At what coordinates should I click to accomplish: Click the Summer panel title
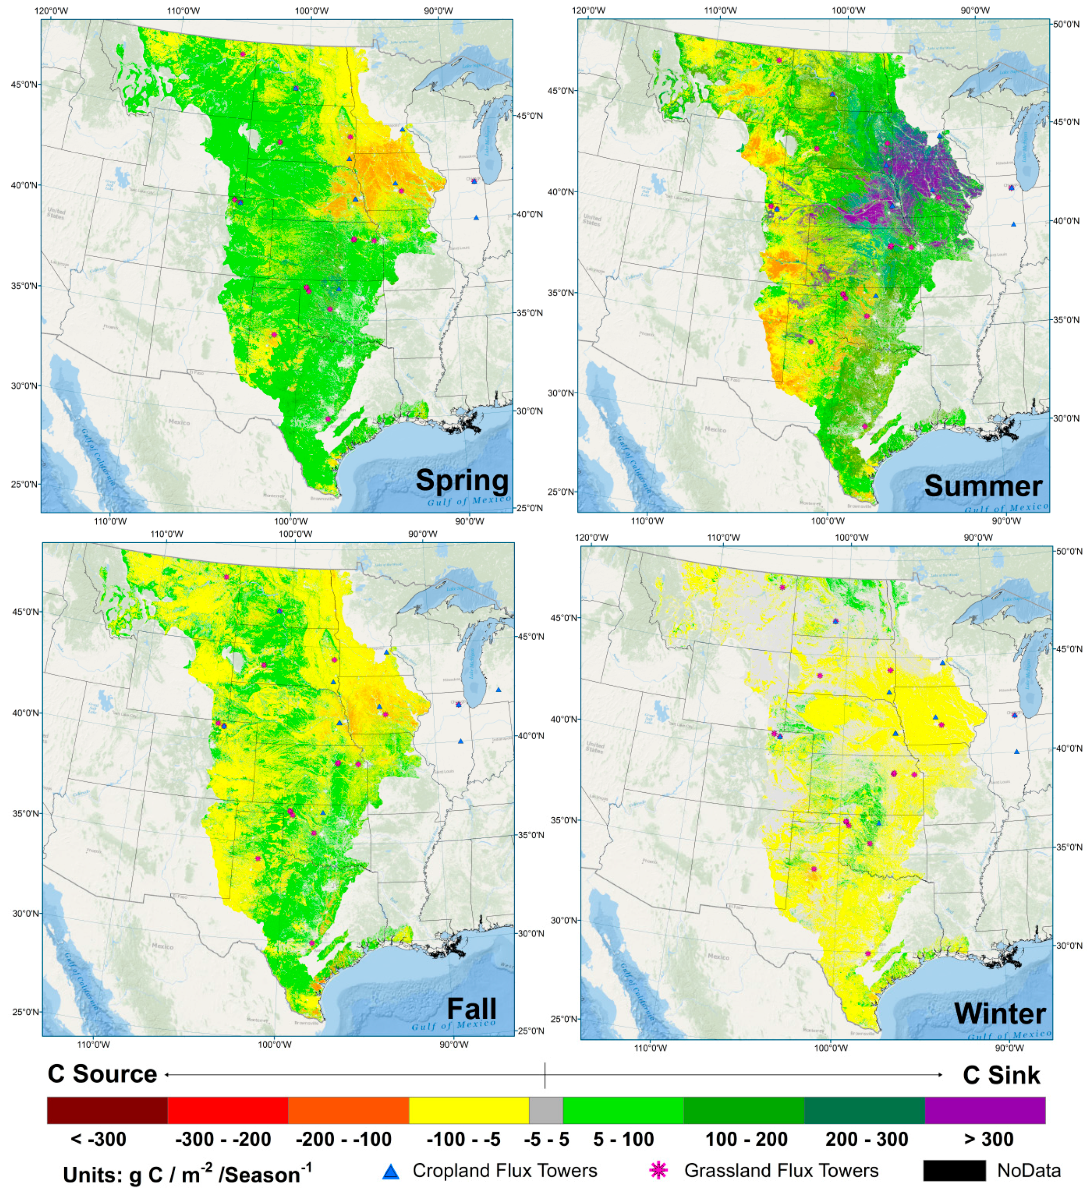[x=983, y=486]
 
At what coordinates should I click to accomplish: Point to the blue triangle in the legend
[x=391, y=1172]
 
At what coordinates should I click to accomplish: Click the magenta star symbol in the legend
[x=658, y=1171]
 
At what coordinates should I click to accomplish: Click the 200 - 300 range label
[x=866, y=1139]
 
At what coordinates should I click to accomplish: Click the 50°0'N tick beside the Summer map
[x=1068, y=24]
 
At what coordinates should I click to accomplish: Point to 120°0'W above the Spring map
[x=50, y=10]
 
